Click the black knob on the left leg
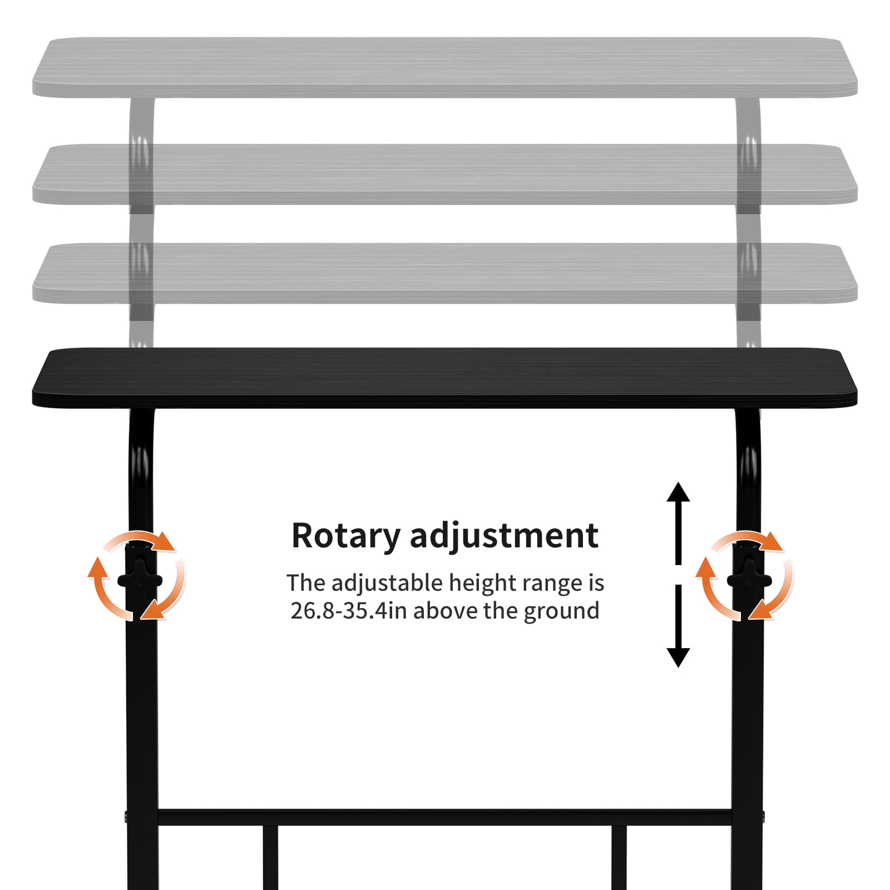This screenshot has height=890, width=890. point(140,580)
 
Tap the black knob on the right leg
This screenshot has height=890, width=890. point(749,580)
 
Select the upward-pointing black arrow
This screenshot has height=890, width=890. point(678,523)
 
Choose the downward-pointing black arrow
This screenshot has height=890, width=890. point(678,626)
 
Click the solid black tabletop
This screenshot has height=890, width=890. point(444,378)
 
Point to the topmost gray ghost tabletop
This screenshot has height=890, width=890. point(444,67)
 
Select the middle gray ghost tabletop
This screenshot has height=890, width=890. point(444,174)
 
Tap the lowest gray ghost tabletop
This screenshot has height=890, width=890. point(444,273)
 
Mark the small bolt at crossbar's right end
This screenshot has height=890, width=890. point(763,817)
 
